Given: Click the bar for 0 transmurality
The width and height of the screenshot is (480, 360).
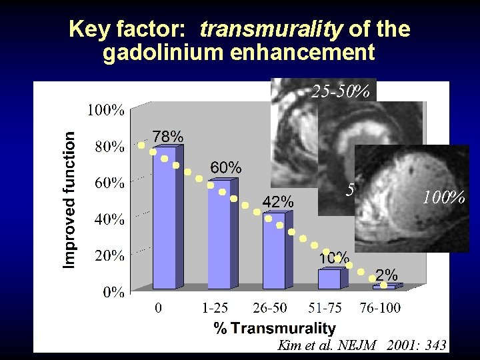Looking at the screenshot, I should click(x=164, y=220).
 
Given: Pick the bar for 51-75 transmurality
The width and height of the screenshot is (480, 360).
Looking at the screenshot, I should click(x=329, y=279).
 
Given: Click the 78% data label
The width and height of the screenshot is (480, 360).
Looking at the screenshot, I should click(x=168, y=136).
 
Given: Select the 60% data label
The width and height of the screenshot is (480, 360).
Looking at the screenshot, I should click(x=226, y=167).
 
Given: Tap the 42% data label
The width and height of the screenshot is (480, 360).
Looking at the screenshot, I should click(x=277, y=201).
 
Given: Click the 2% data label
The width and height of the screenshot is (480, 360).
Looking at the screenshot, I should click(x=387, y=275).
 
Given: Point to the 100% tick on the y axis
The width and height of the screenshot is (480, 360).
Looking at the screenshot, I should click(x=105, y=111).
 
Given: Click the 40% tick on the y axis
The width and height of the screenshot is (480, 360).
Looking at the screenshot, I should click(x=108, y=219).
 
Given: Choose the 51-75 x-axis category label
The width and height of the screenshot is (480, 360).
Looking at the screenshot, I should click(x=326, y=308).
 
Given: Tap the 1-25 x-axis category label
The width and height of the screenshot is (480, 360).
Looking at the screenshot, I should click(x=215, y=308).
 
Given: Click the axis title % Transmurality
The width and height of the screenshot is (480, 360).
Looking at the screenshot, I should click(x=275, y=328).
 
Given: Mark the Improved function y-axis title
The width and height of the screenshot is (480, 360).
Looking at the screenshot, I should click(x=69, y=199).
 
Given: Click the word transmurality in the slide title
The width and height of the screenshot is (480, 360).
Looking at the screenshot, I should click(x=271, y=29).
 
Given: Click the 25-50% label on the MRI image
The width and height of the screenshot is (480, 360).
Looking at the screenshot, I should click(x=341, y=91).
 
